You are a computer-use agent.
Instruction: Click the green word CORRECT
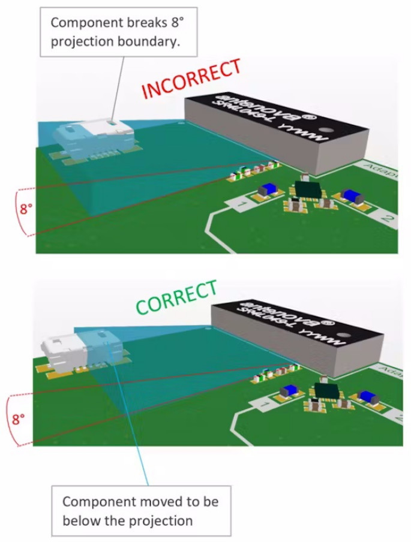click(x=176, y=297)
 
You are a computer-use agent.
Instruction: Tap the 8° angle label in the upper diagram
click(x=25, y=210)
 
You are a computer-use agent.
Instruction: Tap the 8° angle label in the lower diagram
click(x=18, y=418)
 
